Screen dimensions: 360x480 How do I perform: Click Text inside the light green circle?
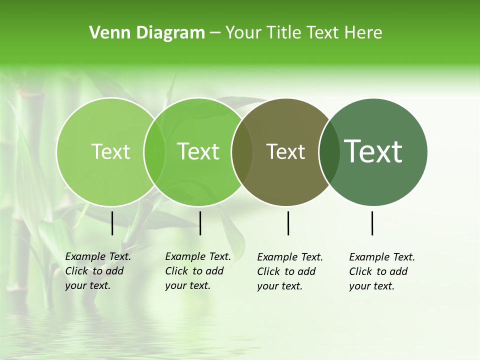point(110,151)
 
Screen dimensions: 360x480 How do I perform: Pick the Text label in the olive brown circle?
point(285,151)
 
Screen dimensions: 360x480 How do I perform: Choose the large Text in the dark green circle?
point(373,151)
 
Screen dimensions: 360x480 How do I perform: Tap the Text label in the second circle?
point(198,151)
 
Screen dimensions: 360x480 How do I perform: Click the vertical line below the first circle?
point(112,223)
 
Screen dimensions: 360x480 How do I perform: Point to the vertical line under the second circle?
point(200,223)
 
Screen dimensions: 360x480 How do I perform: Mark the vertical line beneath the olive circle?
point(288,223)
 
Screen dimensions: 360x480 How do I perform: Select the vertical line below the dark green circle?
point(372,223)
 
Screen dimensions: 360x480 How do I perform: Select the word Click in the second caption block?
point(176,271)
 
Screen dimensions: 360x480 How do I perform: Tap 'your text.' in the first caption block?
point(87,285)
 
